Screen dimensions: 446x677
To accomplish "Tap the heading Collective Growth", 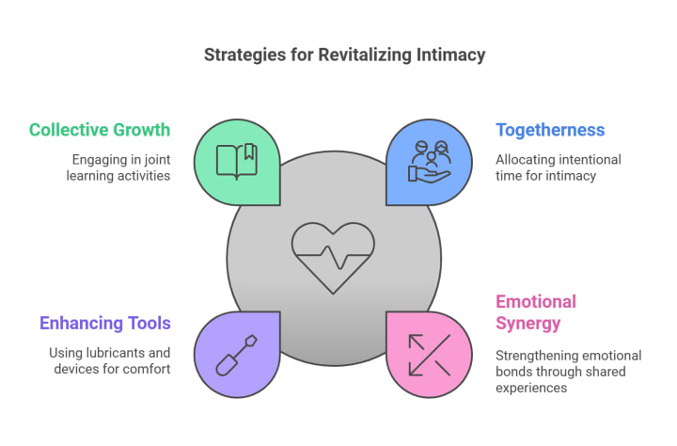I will tap(100, 130).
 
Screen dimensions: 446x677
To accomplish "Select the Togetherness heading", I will tap(550, 130).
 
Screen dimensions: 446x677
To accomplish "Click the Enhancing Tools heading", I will tap(105, 324).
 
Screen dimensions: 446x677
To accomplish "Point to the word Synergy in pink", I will tap(527, 324).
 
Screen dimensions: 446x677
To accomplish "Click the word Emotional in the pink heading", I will tap(536, 302).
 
